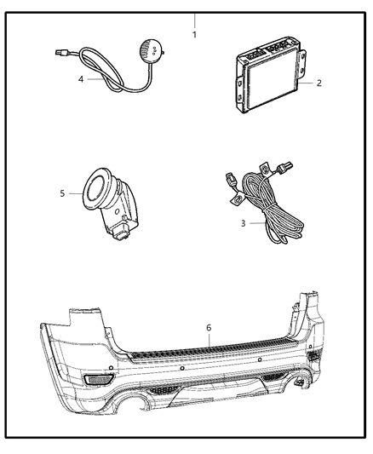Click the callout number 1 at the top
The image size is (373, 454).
[x=194, y=35]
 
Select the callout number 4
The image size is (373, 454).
[x=81, y=79]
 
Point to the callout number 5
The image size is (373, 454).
[x=62, y=193]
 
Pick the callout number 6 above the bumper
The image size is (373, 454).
[x=208, y=327]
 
